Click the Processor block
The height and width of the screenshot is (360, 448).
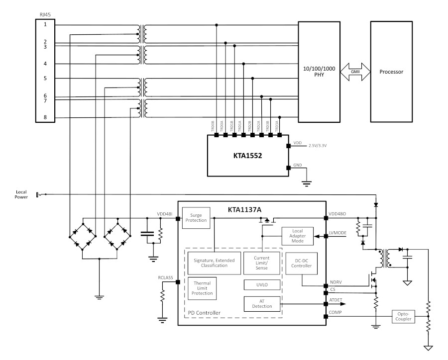point(391,72)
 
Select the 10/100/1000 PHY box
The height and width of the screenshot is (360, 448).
point(319,72)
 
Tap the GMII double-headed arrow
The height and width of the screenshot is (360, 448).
point(355,72)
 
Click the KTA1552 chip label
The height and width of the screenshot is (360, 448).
point(247,156)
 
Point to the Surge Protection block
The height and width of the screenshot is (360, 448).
point(196,218)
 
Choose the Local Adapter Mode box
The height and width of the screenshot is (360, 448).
point(298,236)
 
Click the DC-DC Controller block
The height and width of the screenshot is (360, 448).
point(302,263)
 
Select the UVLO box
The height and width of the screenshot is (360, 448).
point(262,284)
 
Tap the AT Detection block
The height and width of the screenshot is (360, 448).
point(262,304)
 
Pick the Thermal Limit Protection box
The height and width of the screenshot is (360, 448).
point(202,288)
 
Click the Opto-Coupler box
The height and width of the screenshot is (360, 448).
point(403,316)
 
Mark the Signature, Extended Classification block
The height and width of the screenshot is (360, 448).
point(214,263)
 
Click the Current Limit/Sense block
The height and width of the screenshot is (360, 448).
point(261,263)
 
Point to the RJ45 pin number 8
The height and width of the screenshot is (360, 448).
point(45,117)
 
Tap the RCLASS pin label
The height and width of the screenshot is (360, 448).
point(165,277)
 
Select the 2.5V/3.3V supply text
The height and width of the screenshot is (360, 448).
point(318,146)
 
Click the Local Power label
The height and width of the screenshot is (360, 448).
point(21,194)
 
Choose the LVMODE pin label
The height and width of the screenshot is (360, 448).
point(337,233)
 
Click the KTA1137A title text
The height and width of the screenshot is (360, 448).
point(244,209)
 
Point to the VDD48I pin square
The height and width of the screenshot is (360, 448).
point(178,219)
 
